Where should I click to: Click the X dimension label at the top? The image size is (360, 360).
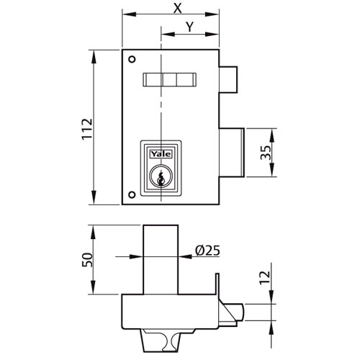(x=177, y=8)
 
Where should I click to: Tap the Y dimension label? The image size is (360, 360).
(x=190, y=27)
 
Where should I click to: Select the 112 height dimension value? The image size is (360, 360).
(x=87, y=129)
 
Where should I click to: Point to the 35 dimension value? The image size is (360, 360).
(x=266, y=153)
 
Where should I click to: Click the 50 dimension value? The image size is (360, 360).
(x=87, y=260)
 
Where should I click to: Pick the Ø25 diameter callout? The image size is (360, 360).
(x=207, y=251)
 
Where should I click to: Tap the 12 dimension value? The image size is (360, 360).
(x=265, y=278)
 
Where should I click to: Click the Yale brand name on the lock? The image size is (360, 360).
(x=161, y=154)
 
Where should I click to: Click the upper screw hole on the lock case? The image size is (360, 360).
(x=132, y=59)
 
